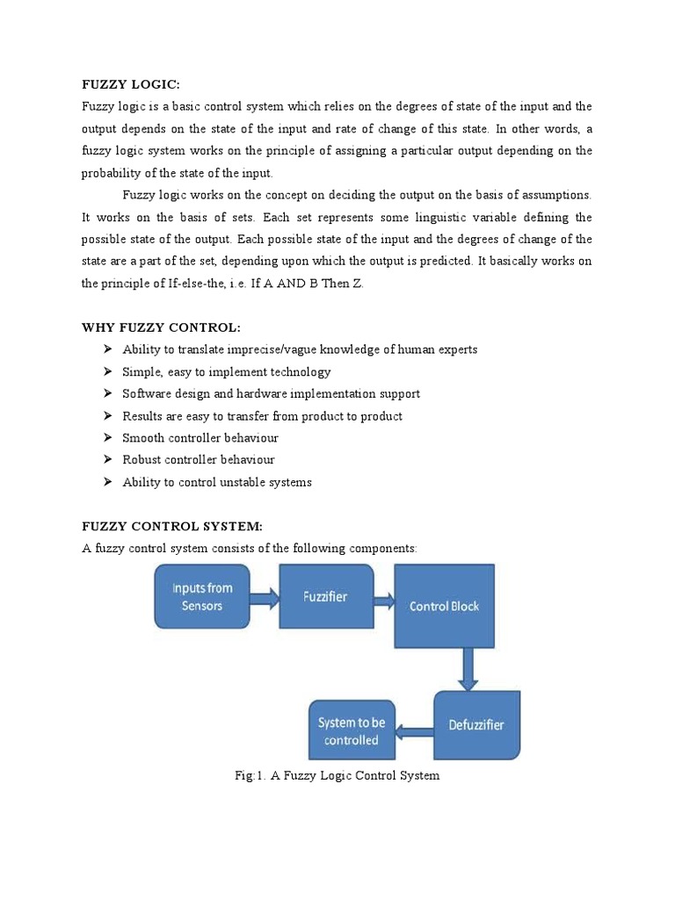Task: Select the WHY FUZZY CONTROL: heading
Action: [x=160, y=327]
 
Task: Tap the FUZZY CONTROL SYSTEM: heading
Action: [x=172, y=527]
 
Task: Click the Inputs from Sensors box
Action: [x=202, y=596]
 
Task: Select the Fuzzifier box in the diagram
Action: [x=325, y=596]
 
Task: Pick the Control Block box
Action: [x=444, y=606]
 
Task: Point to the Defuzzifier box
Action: [x=475, y=725]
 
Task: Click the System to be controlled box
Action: [x=352, y=730]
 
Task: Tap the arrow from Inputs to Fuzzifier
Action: [x=265, y=600]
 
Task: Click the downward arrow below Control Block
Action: [x=468, y=669]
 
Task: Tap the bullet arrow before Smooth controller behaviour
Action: [x=107, y=437]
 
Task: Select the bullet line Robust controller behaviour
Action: [x=199, y=459]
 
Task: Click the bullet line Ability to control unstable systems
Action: [x=217, y=482]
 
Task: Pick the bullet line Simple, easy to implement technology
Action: [x=227, y=371]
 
